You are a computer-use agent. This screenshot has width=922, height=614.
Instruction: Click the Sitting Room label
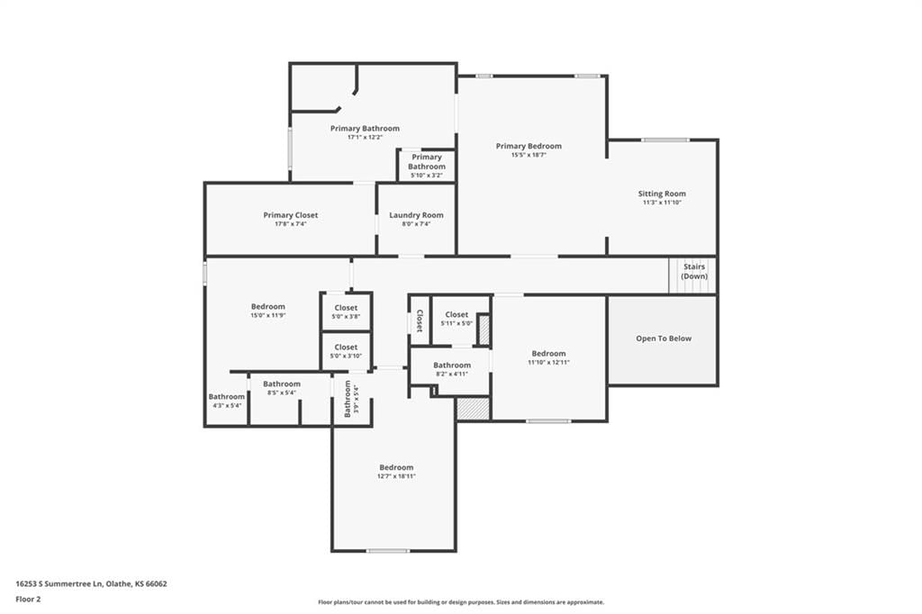pyautogui.click(x=662, y=194)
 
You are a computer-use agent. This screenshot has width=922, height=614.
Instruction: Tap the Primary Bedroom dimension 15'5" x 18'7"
pyautogui.click(x=529, y=155)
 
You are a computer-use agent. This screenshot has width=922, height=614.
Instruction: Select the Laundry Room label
pyautogui.click(x=416, y=215)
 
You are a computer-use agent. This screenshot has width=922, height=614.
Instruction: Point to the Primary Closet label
pyautogui.click(x=291, y=215)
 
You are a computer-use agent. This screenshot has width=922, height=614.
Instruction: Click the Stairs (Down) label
pyautogui.click(x=694, y=271)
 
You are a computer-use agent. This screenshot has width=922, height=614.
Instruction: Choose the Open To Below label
pyautogui.click(x=664, y=339)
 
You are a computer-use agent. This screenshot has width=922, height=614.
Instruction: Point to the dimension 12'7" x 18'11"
pyautogui.click(x=396, y=476)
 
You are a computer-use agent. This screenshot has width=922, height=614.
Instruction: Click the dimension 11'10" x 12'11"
pyautogui.click(x=548, y=362)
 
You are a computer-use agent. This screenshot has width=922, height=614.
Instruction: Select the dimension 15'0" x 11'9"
pyautogui.click(x=268, y=315)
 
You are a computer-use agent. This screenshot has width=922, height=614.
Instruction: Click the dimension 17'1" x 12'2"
pyautogui.click(x=365, y=137)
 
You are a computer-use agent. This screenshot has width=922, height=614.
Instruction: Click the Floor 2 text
pyautogui.click(x=28, y=600)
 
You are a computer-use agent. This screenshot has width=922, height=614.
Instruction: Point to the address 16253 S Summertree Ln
pyautogui.click(x=59, y=584)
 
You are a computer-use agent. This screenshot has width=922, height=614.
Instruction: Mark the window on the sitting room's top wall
pyautogui.click(x=664, y=140)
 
